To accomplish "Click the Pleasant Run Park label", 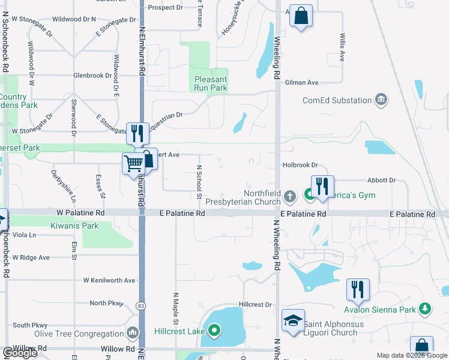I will pyautogui.click(x=211, y=83).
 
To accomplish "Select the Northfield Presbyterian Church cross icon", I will pyautogui.click(x=290, y=196).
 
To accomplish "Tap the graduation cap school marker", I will pyautogui.click(x=293, y=320).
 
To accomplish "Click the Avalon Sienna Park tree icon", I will pyautogui.click(x=426, y=309).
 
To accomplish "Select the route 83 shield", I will pyautogui.click(x=140, y=305).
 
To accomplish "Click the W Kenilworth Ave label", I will pyautogui.click(x=109, y=280).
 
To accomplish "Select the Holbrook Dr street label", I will pyautogui.click(x=300, y=165).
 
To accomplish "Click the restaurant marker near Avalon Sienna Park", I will pyautogui.click(x=357, y=289).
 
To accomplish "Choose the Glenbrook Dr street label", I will pyautogui.click(x=92, y=76).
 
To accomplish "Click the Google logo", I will pyautogui.click(x=19, y=353).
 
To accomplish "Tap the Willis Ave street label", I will pyautogui.click(x=342, y=47).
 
